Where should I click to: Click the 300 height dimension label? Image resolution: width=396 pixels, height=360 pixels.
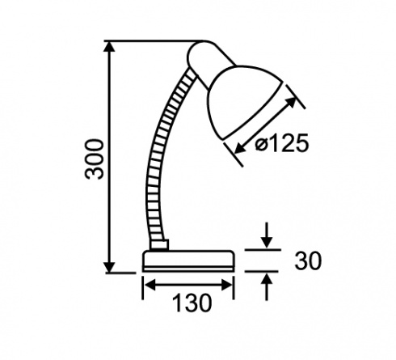94,159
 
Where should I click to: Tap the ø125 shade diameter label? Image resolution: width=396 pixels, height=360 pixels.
281,142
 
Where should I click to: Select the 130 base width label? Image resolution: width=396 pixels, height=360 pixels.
192,303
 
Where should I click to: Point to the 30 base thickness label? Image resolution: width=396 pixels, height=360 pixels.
308,260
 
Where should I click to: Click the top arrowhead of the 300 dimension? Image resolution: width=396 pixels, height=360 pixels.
110,46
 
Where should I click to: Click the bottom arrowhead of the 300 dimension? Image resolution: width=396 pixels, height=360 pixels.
110,267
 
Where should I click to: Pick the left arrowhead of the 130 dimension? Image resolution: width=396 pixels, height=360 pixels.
150,285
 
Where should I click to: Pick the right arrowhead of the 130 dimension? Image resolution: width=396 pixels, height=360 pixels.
226,285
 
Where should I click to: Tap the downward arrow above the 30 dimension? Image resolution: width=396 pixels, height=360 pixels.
267,235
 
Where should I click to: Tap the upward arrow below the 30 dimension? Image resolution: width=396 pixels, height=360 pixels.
267,286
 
